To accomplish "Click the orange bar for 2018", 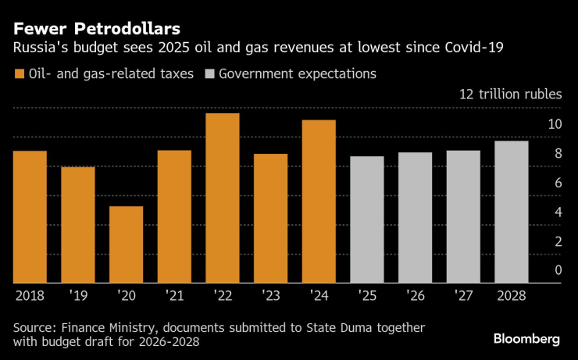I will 30,216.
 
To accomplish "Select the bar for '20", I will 126,244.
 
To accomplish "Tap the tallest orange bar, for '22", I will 222,198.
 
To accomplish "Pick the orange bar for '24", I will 318,201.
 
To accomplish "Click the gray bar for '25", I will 366,219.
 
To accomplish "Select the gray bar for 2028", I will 511,212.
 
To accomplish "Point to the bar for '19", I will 77,225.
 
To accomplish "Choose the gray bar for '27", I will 462,216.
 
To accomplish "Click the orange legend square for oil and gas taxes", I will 19,75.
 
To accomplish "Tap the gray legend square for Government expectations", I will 209,75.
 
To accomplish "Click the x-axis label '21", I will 173,297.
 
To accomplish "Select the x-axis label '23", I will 269,297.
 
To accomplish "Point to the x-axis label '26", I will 414,297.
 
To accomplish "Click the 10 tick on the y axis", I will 555,124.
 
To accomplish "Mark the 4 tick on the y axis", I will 558,212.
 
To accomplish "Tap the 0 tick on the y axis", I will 558,270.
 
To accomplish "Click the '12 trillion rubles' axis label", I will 510,94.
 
